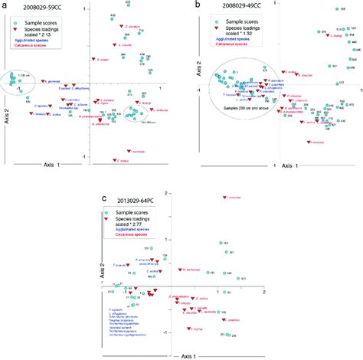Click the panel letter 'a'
[x=6, y=5]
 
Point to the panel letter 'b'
[x=200, y=5]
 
